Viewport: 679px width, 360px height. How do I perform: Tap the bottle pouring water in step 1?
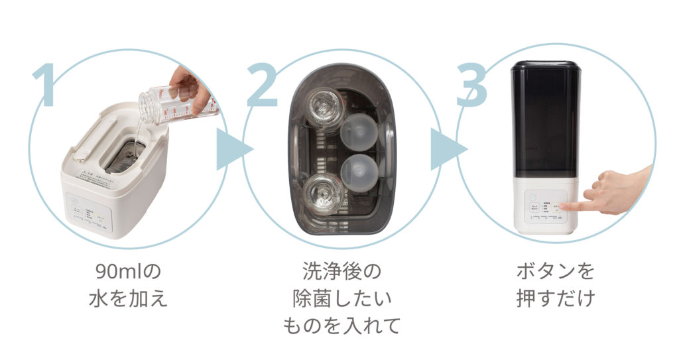pyautogui.click(x=176, y=103)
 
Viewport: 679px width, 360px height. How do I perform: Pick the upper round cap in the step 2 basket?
pyautogui.click(x=359, y=130)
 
